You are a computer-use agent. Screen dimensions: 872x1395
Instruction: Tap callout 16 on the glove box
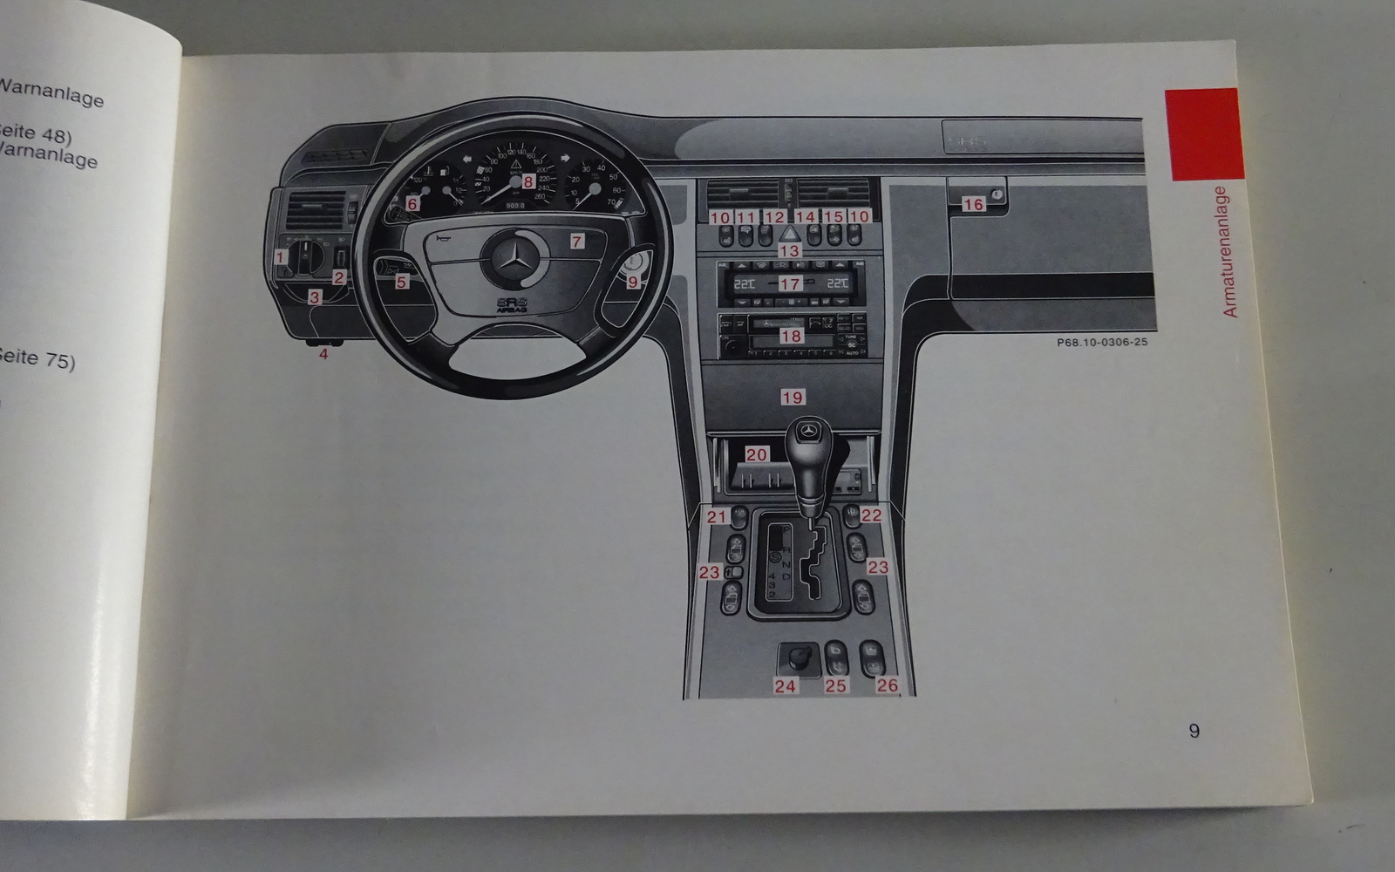coord(973,204)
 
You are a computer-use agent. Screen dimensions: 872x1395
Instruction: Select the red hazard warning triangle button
coord(789,234)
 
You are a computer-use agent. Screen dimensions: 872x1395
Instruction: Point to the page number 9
coord(1194,731)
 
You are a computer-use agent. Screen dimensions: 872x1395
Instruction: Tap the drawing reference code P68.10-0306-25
coord(1102,343)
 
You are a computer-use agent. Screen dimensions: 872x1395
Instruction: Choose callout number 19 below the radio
coord(793,398)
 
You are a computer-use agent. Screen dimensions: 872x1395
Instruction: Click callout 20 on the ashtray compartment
coord(756,454)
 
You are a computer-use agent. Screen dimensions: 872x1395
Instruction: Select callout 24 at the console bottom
coord(785,686)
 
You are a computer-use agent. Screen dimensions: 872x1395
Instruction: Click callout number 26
coord(887,685)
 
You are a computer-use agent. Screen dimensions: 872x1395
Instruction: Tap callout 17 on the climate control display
coord(790,283)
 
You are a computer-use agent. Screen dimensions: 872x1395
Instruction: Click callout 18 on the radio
coord(792,336)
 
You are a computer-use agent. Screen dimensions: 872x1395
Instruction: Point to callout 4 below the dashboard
coord(323,354)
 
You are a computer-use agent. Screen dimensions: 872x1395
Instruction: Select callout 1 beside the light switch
coord(280,257)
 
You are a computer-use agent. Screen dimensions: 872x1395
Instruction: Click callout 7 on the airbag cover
coord(577,242)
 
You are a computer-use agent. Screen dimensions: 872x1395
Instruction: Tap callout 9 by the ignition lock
coord(632,282)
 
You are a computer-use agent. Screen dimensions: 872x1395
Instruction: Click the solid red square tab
coord(1203,133)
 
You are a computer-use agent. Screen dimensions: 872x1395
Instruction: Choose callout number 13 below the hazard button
coord(789,251)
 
